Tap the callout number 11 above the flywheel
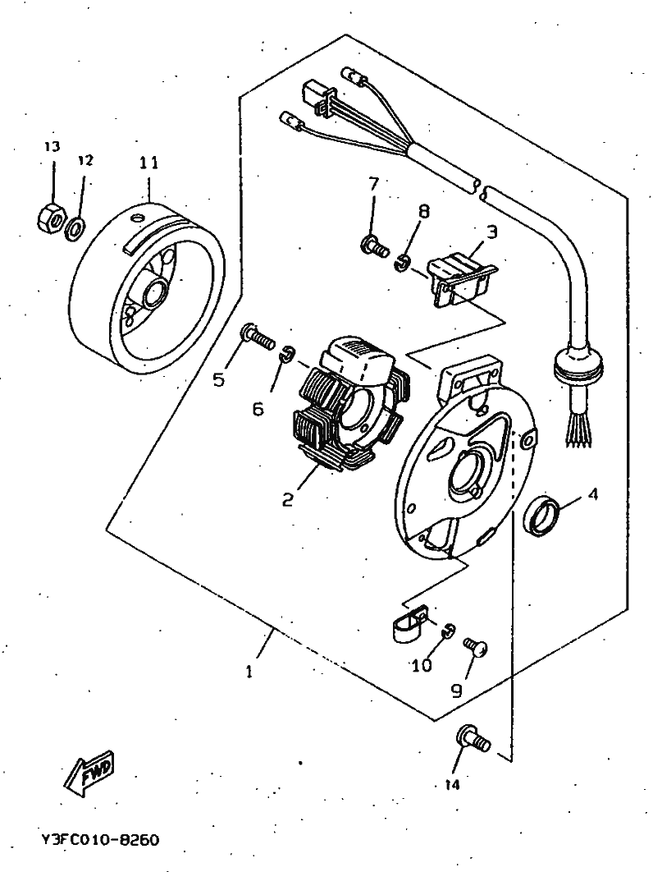[148, 163]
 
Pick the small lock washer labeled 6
[287, 354]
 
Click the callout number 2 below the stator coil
[287, 499]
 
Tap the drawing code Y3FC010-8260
[100, 839]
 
